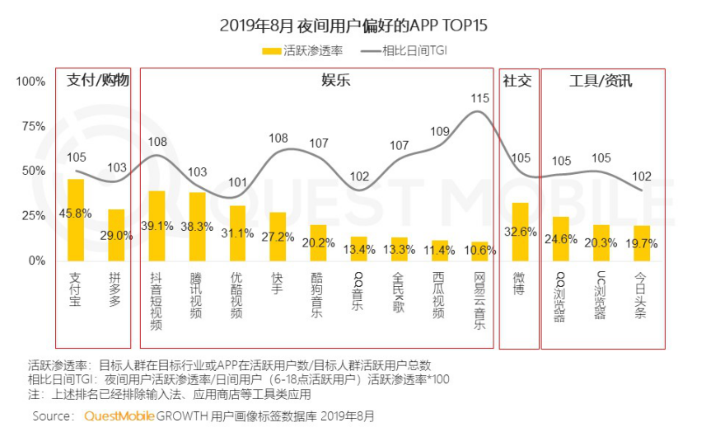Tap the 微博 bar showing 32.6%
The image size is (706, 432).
520,231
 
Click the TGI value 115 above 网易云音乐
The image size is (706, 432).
479,98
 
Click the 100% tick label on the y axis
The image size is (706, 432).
30,82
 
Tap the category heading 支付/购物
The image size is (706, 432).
97,80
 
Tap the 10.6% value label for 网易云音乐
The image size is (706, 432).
479,251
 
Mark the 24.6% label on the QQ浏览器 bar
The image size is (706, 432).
560,240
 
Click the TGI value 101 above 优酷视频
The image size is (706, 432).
237,183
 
